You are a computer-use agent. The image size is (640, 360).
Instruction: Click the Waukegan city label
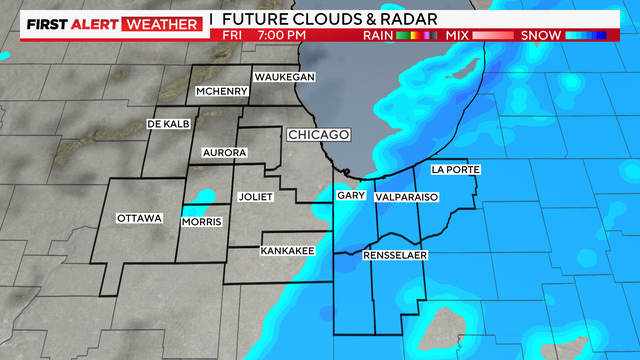click(x=285, y=77)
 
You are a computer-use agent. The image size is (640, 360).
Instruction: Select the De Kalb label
click(x=167, y=123)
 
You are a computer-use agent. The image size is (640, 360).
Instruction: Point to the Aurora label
click(x=224, y=153)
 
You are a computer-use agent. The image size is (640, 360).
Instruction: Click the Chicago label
click(x=319, y=134)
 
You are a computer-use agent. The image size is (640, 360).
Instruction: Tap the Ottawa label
click(x=139, y=218)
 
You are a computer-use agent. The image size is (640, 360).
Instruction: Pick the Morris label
click(x=201, y=221)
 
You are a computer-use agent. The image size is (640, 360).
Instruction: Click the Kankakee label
click(x=288, y=250)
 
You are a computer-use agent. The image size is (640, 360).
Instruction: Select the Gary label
click(x=350, y=198)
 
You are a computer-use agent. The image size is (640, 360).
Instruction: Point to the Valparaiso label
click(x=407, y=198)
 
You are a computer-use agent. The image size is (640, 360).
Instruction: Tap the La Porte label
click(x=456, y=170)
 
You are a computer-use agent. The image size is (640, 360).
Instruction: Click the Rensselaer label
click(x=396, y=256)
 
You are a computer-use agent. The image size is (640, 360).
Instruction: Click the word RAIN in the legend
click(x=375, y=36)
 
